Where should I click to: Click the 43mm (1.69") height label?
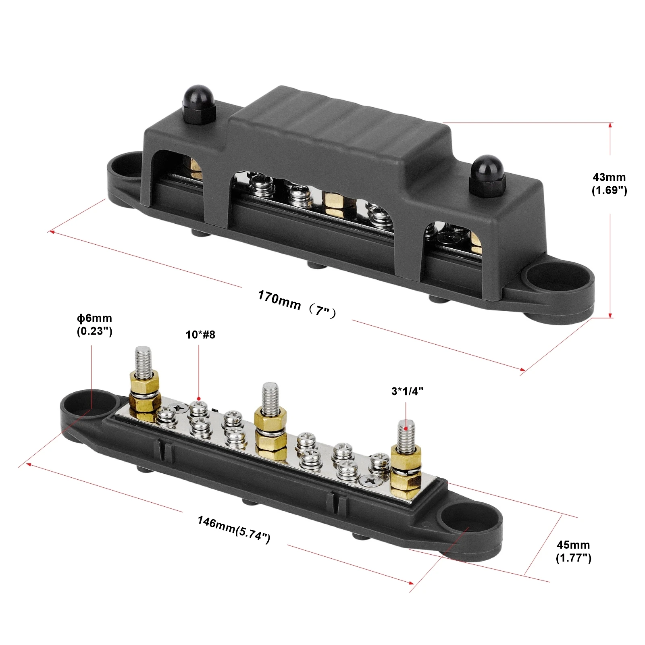click(x=609, y=184)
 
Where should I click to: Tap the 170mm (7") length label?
click(x=297, y=304)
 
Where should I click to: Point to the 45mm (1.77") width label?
click(x=573, y=551)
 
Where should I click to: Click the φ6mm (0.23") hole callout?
click(x=94, y=325)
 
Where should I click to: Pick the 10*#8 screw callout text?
click(x=200, y=335)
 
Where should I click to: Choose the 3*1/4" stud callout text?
click(x=407, y=391)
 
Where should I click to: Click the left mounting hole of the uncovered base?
click(x=92, y=403)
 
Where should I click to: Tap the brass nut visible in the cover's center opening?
click(x=333, y=204)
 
